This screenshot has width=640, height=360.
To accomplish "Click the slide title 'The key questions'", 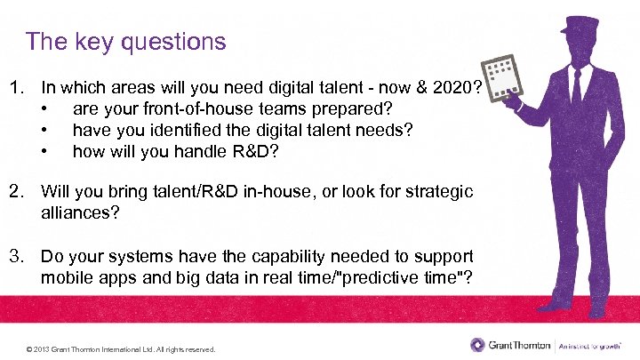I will [x=126, y=41].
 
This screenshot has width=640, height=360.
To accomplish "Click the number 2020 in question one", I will [x=449, y=89].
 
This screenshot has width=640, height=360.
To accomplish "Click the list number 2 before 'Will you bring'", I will [x=15, y=192].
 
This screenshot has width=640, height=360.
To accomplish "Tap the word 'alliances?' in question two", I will [x=81, y=213].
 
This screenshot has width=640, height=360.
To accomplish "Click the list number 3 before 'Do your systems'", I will [x=15, y=257].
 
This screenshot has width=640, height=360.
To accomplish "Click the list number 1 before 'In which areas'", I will [x=15, y=89].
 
